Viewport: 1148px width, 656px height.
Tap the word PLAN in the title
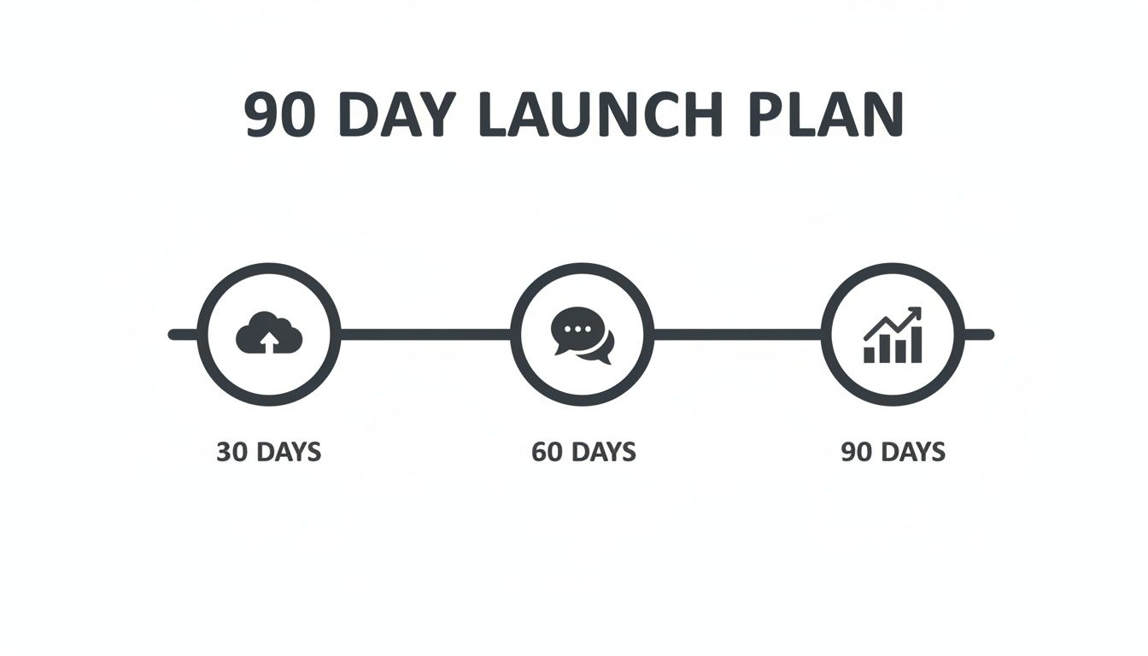(x=826, y=114)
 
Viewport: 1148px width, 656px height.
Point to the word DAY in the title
(x=397, y=114)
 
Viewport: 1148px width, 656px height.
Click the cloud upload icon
(x=268, y=333)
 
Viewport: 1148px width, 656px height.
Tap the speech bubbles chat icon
(x=583, y=334)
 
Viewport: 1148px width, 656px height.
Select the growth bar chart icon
(x=893, y=335)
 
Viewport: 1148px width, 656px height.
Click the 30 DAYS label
(x=268, y=451)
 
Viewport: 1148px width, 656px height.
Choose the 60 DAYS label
(x=583, y=451)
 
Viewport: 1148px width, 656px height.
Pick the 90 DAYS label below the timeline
(x=893, y=451)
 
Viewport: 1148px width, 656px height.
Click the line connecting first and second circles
(x=425, y=334)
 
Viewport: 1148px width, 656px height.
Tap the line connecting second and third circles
(x=737, y=334)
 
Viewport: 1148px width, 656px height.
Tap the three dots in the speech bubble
(x=571, y=328)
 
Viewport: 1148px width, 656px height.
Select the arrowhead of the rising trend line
(x=916, y=313)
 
